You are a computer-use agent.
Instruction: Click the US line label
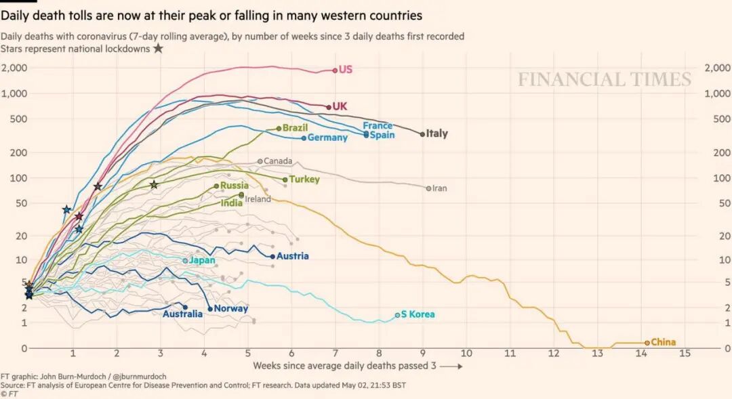pyautogui.click(x=346, y=69)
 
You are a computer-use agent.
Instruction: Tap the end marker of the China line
pyautogui.click(x=647, y=343)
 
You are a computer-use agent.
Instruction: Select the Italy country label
pyautogui.click(x=436, y=133)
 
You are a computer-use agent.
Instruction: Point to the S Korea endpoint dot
pyautogui.click(x=397, y=315)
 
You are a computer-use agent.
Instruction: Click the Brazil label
pyautogui.click(x=295, y=127)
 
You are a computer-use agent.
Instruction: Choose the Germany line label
pyautogui.click(x=327, y=138)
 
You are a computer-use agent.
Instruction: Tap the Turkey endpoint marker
pyautogui.click(x=285, y=180)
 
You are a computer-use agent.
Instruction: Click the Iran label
pyautogui.click(x=439, y=188)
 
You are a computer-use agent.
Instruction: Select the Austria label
pyautogui.click(x=292, y=256)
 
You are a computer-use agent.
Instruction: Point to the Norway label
pyautogui.click(x=230, y=309)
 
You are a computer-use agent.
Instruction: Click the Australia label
pyautogui.click(x=182, y=314)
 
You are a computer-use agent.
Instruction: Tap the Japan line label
pyautogui.click(x=202, y=260)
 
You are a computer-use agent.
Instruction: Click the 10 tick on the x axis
pyautogui.click(x=466, y=354)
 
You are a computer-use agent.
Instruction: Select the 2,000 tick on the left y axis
pyautogui.click(x=14, y=68)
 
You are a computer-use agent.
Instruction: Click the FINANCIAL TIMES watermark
pyautogui.click(x=605, y=79)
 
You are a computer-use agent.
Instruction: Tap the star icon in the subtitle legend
pyautogui.click(x=158, y=49)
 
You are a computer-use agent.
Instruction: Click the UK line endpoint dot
pyautogui.click(x=329, y=107)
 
